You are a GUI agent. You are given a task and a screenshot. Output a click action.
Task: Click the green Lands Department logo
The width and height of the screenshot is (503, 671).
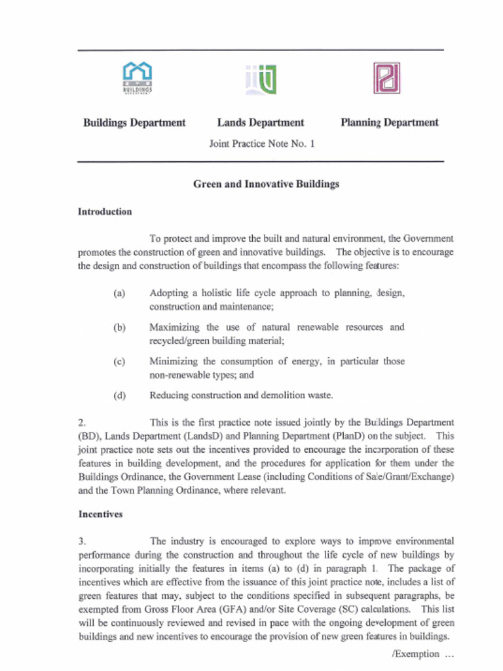pos(261,79)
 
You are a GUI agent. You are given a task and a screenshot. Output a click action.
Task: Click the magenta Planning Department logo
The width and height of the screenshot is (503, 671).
pos(386,78)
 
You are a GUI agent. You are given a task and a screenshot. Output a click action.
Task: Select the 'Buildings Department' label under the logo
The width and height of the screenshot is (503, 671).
pos(134,123)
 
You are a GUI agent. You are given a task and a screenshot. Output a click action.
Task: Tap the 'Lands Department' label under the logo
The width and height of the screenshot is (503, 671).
pos(261,123)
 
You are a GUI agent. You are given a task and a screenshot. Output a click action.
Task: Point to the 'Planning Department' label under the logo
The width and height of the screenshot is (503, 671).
pos(390,123)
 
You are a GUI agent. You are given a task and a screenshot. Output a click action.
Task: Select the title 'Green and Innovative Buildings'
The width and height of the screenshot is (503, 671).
pos(266,184)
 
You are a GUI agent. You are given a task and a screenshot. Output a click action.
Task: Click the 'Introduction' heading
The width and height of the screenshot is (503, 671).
pos(105,212)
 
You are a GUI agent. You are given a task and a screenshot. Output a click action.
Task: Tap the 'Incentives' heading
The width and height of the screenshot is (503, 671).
pos(100,514)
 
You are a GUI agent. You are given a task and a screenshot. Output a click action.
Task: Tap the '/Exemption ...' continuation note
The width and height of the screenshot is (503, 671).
pos(422,654)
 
